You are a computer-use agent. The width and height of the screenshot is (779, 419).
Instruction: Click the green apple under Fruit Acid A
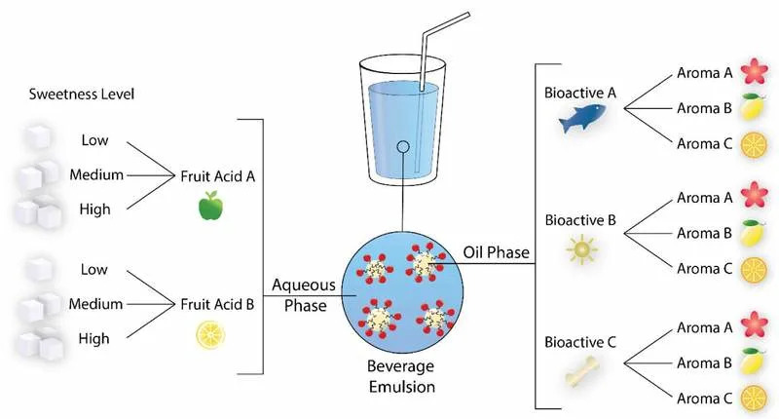click(x=210, y=206)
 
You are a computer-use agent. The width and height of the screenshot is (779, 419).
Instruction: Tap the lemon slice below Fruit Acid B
click(x=210, y=334)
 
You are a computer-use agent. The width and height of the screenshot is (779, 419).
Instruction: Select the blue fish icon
click(x=582, y=118)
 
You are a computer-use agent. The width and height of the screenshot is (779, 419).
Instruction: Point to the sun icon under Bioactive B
click(x=581, y=249)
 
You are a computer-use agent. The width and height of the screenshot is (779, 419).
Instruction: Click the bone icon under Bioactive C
click(x=582, y=372)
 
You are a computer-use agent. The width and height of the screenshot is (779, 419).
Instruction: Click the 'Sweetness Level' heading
click(x=82, y=94)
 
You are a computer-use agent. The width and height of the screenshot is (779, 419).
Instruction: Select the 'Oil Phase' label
click(x=496, y=252)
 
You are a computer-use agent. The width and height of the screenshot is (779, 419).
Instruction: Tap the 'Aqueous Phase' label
click(x=304, y=294)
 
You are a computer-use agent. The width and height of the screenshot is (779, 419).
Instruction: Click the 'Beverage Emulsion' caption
click(x=401, y=376)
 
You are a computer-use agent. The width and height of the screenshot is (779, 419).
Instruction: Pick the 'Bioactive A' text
click(x=579, y=93)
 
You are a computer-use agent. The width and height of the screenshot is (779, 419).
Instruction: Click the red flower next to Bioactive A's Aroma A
click(x=754, y=71)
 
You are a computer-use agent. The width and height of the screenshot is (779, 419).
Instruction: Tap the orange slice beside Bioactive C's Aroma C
click(x=754, y=399)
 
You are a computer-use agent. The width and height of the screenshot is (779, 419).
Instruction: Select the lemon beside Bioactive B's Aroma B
click(x=753, y=233)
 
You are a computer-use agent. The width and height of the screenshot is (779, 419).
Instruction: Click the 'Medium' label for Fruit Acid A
click(x=96, y=174)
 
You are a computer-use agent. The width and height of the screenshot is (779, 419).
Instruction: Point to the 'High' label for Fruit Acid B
click(x=93, y=338)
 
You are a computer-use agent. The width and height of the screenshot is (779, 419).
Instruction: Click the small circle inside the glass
click(x=403, y=146)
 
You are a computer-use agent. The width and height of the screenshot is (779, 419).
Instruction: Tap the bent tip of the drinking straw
click(x=467, y=15)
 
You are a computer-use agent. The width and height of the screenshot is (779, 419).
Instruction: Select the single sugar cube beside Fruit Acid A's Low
click(x=38, y=137)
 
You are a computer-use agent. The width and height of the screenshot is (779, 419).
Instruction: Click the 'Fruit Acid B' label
click(x=217, y=304)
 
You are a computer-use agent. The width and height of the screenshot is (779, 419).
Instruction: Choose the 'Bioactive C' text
click(x=579, y=342)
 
